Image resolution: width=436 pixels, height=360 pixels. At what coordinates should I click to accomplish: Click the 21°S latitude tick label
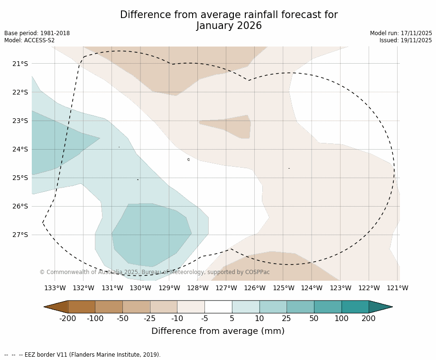[x=19, y=64]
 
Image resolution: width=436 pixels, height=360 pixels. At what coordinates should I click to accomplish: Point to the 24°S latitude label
[x=19, y=149]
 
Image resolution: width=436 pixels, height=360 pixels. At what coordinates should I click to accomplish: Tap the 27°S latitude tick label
[x=19, y=235]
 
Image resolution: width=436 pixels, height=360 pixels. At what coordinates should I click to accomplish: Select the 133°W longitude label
[x=55, y=288]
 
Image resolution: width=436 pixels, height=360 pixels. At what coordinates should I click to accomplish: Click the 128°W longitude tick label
[x=197, y=288]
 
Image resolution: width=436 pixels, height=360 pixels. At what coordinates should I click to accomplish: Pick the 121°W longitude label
[x=398, y=288]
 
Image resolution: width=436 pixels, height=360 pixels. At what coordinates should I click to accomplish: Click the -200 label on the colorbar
[x=68, y=318]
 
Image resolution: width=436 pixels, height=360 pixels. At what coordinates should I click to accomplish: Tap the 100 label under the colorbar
[x=342, y=318]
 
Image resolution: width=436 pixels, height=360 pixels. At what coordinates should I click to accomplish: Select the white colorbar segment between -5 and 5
[x=218, y=307]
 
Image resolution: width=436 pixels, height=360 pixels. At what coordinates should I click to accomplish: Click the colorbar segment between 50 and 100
[x=328, y=307]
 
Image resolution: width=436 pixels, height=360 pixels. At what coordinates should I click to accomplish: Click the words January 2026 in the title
[x=229, y=26]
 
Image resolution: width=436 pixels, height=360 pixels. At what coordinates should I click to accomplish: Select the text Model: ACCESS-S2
[x=29, y=40]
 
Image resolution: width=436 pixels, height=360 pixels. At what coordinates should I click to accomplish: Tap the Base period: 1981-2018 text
[x=37, y=33]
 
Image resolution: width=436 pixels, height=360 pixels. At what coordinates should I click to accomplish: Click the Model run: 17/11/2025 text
[x=401, y=33]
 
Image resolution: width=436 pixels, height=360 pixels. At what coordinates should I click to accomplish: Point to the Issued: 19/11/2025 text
[x=406, y=40]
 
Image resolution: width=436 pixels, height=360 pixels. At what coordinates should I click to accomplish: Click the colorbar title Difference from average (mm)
[x=218, y=331]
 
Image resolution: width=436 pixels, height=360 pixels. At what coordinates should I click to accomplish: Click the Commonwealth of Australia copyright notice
[x=155, y=272]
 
